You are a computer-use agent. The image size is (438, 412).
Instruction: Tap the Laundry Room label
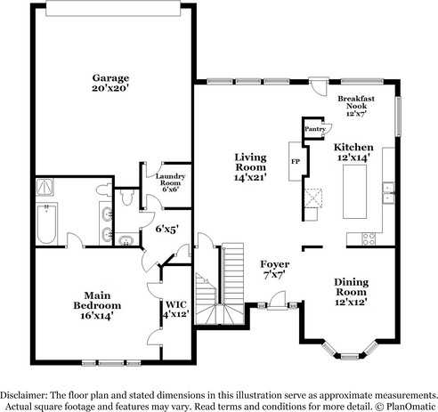pyautogui.click(x=170, y=182)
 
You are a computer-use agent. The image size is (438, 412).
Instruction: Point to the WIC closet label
pyautogui.click(x=175, y=310)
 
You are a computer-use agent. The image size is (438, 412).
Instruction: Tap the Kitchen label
pyautogui.click(x=353, y=152)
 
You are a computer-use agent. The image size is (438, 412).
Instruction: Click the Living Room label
pyautogui.click(x=250, y=166)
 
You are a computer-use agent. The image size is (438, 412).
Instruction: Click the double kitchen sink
pyautogui.click(x=389, y=188)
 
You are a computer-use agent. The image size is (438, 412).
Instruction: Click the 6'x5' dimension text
pyautogui.click(x=166, y=229)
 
